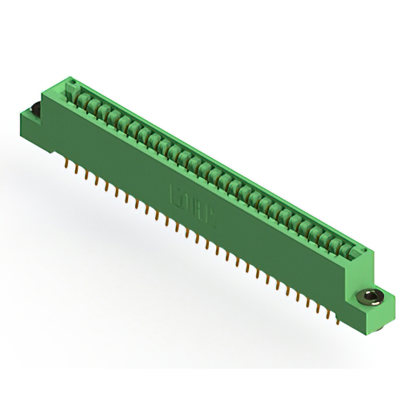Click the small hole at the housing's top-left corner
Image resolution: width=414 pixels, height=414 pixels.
coord(74,83)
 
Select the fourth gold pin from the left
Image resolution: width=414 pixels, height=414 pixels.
coord(96,179)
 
